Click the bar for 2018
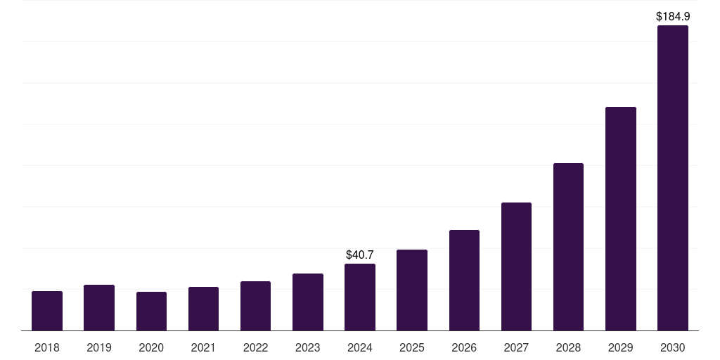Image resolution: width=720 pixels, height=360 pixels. pos(47,311)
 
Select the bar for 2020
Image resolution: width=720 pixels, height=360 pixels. pos(151,311)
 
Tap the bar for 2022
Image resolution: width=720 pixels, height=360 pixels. pos(255,306)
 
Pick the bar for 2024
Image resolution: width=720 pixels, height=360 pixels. pos(360,297)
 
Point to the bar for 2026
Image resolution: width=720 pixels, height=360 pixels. pos(464,281)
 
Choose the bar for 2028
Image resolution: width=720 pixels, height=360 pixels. pos(568,247)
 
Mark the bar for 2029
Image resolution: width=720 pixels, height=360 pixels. pos(621,219)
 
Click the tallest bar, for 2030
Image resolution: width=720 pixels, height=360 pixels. pos(673,178)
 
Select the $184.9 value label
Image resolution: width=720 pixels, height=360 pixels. pos(673,15)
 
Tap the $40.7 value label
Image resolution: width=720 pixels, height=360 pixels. pos(360,255)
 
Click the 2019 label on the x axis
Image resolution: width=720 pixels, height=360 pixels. pos(99,347)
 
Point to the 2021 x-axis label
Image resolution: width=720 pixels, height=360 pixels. pos(203,347)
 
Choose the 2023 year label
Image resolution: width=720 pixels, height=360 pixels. pos(308,347)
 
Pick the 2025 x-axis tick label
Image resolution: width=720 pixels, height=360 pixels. pos(412,347)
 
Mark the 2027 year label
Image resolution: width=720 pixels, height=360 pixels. pos(516,347)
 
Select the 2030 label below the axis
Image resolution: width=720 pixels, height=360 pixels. pos(673,347)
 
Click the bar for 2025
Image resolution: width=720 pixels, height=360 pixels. pos(412,290)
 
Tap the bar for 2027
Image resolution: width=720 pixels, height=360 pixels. pos(516,266)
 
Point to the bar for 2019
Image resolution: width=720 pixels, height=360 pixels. pos(99,308)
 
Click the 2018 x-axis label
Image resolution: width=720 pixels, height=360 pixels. pos(47,347)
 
